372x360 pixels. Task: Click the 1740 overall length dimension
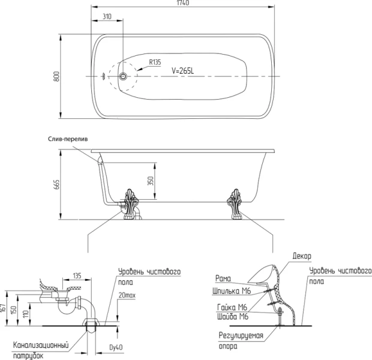(x=184, y=4)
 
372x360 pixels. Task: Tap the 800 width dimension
(x=56, y=77)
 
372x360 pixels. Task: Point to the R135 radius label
(x=155, y=62)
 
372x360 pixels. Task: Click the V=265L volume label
(x=183, y=70)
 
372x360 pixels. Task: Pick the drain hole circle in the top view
(x=123, y=77)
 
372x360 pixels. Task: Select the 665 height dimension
(x=56, y=184)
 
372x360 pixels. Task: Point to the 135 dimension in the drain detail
(x=77, y=277)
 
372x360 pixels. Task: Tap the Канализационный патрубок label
(x=40, y=350)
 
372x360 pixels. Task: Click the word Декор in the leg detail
(x=302, y=256)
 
